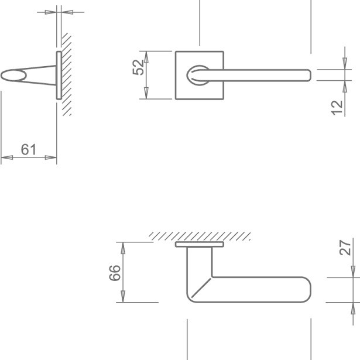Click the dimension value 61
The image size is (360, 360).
coord(29,150)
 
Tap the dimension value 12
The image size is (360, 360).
coord(337,107)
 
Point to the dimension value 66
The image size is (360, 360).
coord(115,273)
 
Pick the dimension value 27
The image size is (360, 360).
coord(346,248)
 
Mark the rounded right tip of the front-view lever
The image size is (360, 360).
coord(308,74)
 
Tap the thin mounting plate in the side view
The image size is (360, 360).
coord(59,75)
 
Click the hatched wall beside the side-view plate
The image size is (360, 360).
coord(66,75)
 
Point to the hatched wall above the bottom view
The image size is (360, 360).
coord(199,236)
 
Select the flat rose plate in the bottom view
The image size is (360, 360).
coord(199,244)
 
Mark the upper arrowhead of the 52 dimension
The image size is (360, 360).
coord(146,56)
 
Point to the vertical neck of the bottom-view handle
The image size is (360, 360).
coord(199,263)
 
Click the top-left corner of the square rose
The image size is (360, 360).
coord(176,52)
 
